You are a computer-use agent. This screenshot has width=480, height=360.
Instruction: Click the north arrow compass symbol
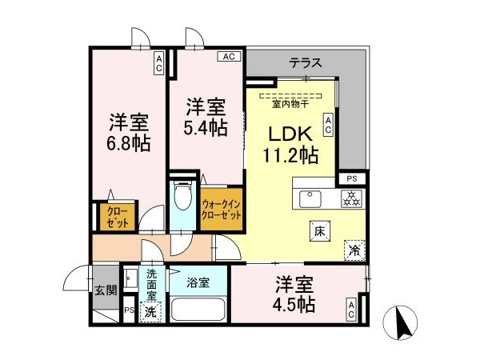pos(400,322)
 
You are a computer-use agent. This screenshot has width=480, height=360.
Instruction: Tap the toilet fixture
pos(182,195)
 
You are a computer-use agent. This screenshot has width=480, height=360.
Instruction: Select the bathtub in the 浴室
pos(198,309)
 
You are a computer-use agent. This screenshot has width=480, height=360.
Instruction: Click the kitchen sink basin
pos(310,198)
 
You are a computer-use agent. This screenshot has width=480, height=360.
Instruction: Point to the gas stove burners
pos(351,198)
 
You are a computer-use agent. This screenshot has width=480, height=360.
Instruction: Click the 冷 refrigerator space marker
pos(354,250)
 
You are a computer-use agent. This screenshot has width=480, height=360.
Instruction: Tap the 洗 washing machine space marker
pos(150,312)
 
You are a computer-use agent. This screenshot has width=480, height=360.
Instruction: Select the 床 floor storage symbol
pos(320,231)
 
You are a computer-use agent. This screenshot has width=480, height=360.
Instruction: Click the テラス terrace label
pos(306,63)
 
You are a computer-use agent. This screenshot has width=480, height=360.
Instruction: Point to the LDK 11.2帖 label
pos(290,145)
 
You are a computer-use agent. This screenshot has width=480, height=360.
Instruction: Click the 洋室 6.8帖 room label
pos(129,132)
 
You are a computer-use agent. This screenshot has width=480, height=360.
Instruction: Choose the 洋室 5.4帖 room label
pos(206,117)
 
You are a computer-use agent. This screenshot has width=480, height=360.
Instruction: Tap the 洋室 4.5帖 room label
pos(294,294)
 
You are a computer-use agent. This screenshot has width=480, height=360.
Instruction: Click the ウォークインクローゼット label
pos(222,210)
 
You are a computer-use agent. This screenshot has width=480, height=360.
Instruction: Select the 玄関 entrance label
pos(106,290)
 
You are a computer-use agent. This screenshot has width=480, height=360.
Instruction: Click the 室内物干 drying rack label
pos(290,104)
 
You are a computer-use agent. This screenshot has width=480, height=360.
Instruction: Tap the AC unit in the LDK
pos(328,125)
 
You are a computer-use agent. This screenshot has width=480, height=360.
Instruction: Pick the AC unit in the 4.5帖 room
pos(351,309)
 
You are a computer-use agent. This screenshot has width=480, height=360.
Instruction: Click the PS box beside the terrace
pos(352,178)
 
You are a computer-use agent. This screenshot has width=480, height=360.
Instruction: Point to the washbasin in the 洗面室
pos(130,278)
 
